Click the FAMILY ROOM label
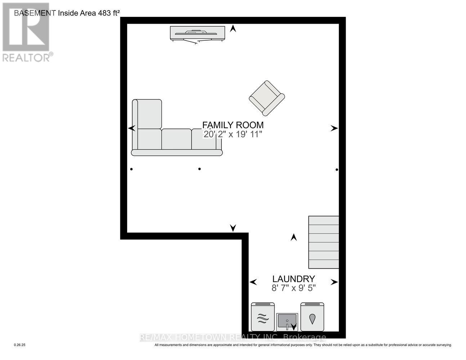pos(233,125)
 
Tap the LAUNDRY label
pos(294,279)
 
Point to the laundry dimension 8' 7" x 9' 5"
pos(294,288)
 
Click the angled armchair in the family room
pos(267,98)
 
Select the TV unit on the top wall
pos(197,33)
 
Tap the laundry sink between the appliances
pos(287,321)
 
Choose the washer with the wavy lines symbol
pos(263,317)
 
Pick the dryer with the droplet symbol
pos(312,317)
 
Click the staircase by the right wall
pos(324,242)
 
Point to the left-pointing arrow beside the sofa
pos(132,128)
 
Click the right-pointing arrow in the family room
pos(334,128)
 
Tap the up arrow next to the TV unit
pos(233,28)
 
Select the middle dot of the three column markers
pos(200,169)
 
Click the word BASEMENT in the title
pos(35,13)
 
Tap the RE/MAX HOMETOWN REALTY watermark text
pos(233,337)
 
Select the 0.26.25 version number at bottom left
pos(20,345)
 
